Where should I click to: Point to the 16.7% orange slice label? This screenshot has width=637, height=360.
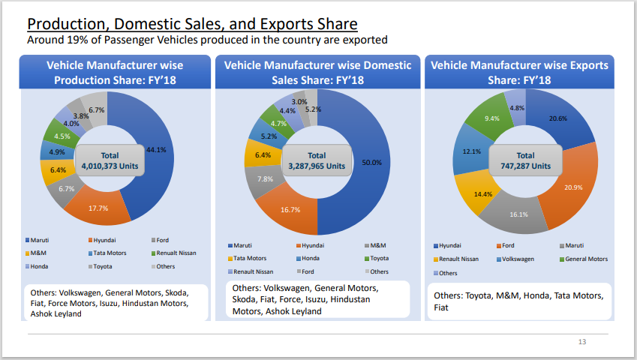click(290, 211)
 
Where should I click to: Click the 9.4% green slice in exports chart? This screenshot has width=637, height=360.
click(492, 118)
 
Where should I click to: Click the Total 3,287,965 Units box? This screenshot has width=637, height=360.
click(317, 160)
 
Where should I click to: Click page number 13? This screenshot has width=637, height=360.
click(581, 342)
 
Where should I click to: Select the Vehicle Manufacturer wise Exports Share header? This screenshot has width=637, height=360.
click(519, 72)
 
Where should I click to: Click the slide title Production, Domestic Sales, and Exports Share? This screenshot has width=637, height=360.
click(192, 25)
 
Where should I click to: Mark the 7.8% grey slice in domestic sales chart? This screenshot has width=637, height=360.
click(266, 179)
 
